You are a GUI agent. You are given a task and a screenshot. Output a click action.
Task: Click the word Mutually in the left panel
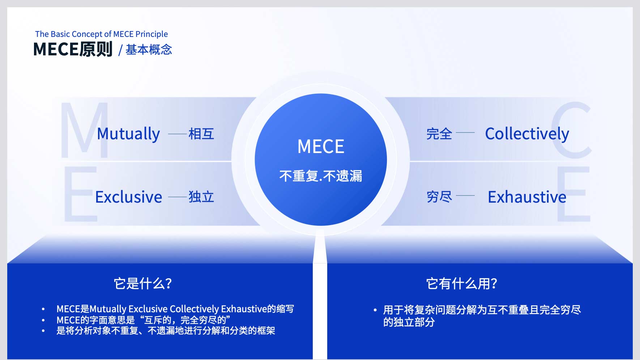[x=128, y=134]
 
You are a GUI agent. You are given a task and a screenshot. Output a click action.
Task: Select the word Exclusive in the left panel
[x=129, y=197]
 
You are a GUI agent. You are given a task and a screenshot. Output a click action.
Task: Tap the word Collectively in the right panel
[x=527, y=134]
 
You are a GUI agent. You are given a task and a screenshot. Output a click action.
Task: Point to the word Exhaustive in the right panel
[x=527, y=197]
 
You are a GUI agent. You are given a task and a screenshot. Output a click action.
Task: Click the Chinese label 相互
[x=201, y=134]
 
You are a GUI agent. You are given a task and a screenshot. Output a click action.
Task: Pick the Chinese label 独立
[x=201, y=197]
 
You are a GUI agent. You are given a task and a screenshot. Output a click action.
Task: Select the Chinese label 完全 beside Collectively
[x=439, y=134]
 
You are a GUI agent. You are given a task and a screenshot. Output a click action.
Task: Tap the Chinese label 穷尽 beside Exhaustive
[x=439, y=197]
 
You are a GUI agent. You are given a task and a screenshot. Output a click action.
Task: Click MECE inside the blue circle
[x=321, y=147]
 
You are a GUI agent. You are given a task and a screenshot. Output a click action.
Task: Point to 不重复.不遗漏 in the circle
[x=321, y=176]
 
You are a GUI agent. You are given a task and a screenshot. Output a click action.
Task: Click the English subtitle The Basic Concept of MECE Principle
[x=102, y=34]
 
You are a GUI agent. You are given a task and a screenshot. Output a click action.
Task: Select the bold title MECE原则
[x=73, y=49]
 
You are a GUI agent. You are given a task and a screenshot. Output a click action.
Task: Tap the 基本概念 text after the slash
[x=149, y=50]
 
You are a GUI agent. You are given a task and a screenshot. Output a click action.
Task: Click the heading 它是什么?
[x=143, y=283]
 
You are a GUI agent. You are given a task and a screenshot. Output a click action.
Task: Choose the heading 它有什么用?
[x=462, y=283]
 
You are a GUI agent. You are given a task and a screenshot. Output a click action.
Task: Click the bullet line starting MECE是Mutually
[x=175, y=309]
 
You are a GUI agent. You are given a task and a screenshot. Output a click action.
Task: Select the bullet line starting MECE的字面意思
[x=143, y=320]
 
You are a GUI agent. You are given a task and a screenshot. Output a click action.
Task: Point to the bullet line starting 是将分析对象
[x=166, y=331]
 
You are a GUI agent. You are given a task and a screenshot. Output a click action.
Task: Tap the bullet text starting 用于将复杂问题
[x=482, y=316]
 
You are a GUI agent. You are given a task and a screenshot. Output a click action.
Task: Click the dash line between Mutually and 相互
[x=178, y=134]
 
